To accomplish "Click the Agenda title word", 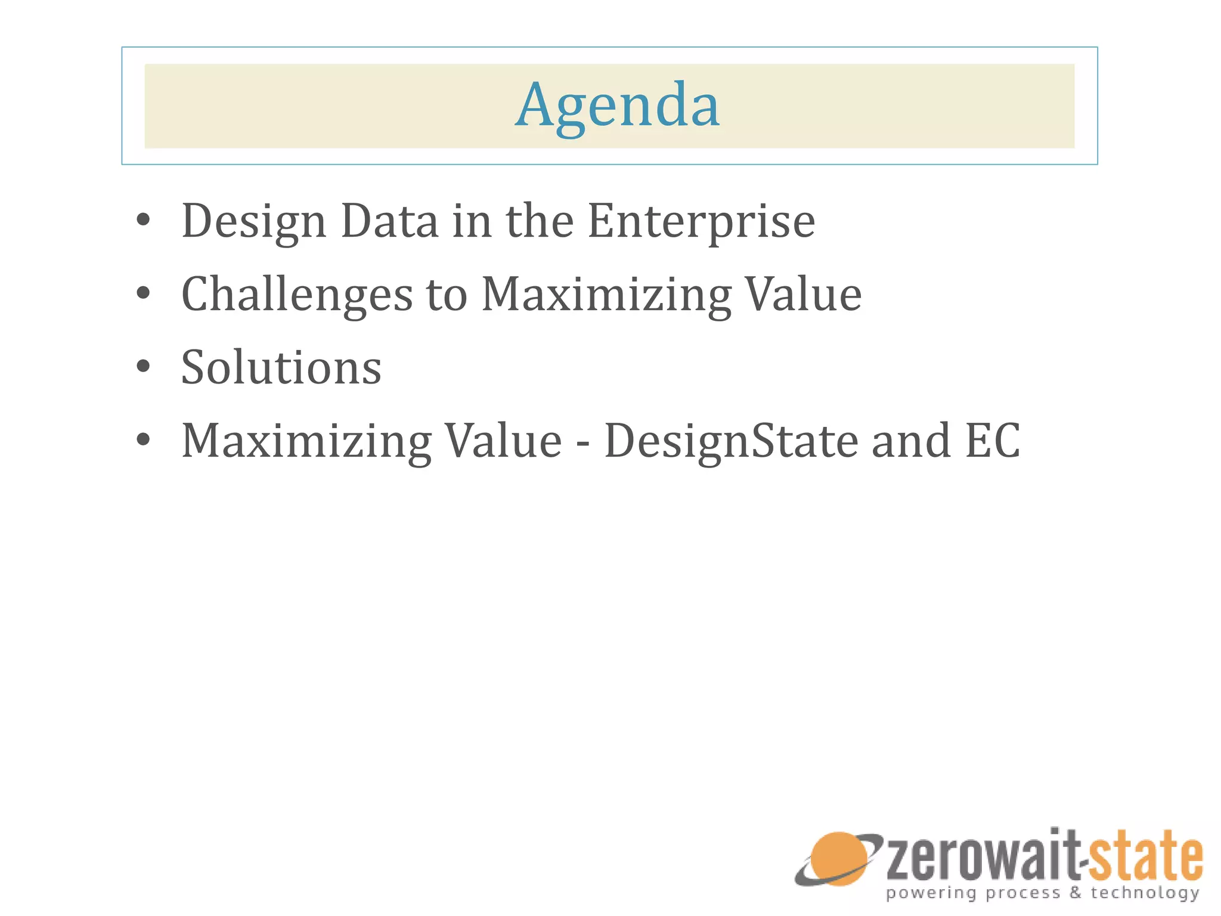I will click(618, 106).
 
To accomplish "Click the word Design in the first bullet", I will click(253, 221).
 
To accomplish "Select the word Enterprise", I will click(701, 221).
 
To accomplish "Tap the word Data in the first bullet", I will click(389, 221).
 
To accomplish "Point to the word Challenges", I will click(296, 295).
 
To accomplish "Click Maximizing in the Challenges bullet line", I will click(606, 295).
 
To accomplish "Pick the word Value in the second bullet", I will click(804, 295).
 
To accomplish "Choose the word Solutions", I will click(281, 367).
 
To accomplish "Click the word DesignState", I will click(731, 441).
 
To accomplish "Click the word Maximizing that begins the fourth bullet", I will click(306, 441).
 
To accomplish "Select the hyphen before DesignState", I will click(582, 442).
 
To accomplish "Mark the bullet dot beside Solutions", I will click(142, 367).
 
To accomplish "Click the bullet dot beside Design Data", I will click(142, 220).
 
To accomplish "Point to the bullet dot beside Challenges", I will click(142, 293).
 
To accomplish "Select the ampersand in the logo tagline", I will click(1075, 893).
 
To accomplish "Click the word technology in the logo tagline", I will click(1145, 893).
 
